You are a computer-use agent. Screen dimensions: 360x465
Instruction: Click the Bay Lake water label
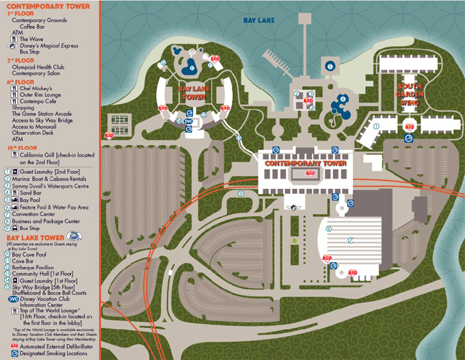(x=258, y=21)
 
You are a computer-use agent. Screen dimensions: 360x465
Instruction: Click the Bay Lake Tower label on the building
(x=192, y=93)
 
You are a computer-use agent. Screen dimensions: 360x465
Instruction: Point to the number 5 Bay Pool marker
(x=330, y=66)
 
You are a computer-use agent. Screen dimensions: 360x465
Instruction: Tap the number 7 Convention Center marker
(x=351, y=240)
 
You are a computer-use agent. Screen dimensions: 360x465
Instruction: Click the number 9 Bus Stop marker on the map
(x=241, y=194)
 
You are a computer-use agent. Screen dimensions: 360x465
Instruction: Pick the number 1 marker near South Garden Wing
(x=377, y=125)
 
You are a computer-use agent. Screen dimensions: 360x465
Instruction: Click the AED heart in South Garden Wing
(x=410, y=127)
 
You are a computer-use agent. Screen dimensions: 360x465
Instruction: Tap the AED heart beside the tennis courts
(x=108, y=136)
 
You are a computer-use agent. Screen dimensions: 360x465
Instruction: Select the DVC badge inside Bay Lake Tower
(x=189, y=121)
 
